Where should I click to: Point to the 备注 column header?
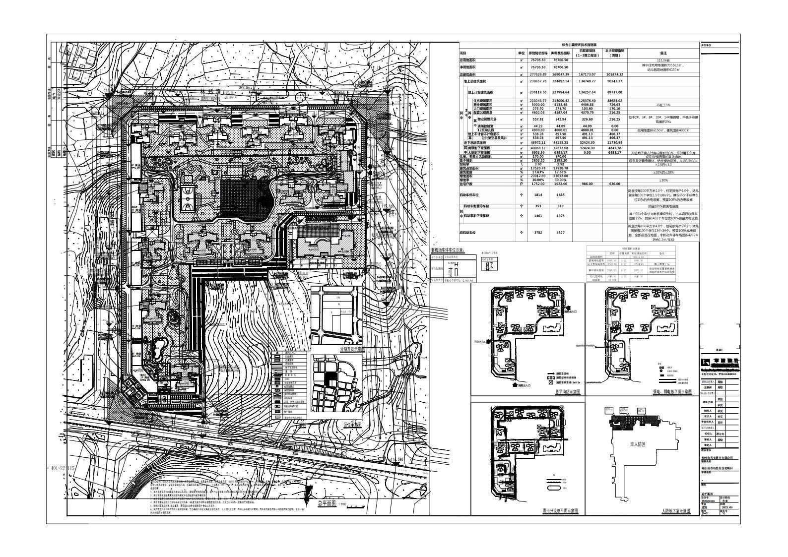point(662,53)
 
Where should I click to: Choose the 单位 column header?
point(521,53)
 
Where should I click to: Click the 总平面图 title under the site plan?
point(327,503)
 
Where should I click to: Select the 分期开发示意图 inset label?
point(351,349)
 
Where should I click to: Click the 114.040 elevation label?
point(397,459)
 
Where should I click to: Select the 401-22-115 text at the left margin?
point(63,468)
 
